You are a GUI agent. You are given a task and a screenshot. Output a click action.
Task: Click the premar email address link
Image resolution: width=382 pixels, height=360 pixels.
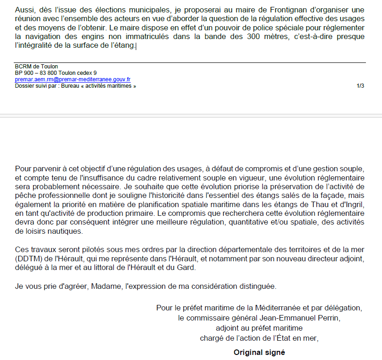click(x=72, y=79)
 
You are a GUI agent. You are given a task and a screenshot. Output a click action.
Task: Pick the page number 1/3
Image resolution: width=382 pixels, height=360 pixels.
click(x=360, y=86)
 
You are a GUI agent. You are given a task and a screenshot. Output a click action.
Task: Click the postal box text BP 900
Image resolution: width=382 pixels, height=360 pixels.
click(x=26, y=73)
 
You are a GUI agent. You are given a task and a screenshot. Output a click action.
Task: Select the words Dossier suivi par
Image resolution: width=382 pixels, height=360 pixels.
click(x=36, y=86)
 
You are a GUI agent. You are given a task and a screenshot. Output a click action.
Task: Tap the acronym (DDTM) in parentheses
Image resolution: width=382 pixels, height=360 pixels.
click(x=28, y=259)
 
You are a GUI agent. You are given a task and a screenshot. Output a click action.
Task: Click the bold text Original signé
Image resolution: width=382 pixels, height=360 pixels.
click(x=259, y=353)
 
